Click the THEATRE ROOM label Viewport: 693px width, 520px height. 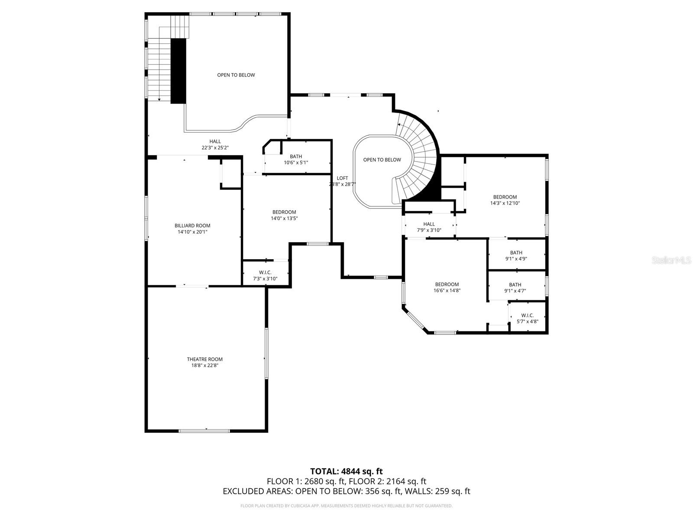tap(204, 359)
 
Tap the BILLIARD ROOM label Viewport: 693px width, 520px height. tap(192, 225)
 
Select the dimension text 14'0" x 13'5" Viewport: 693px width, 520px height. tap(284, 218)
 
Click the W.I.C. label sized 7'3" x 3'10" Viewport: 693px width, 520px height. tap(266, 272)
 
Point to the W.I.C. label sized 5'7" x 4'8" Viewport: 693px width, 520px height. tap(527, 315)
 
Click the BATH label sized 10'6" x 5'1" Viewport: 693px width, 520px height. tap(296, 156)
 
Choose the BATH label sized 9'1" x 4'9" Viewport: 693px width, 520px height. tap(516, 253)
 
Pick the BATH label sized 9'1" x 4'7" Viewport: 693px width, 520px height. tap(515, 285)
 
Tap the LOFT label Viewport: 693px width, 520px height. tap(342, 178)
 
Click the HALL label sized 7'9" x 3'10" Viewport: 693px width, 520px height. tap(429, 224)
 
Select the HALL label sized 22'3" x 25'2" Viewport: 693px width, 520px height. tap(215, 141)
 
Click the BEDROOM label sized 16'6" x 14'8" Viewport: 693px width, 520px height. tap(447, 284)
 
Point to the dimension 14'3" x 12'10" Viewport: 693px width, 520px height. tap(505, 203)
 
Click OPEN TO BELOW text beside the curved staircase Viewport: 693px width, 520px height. tap(382, 160)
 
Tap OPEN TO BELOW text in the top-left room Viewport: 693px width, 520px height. tap(236, 75)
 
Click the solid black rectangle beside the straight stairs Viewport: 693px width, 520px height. tap(178, 71)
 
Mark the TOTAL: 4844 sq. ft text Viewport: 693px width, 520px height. tap(346, 471)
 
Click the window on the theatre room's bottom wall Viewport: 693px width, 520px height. tap(204, 430)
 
